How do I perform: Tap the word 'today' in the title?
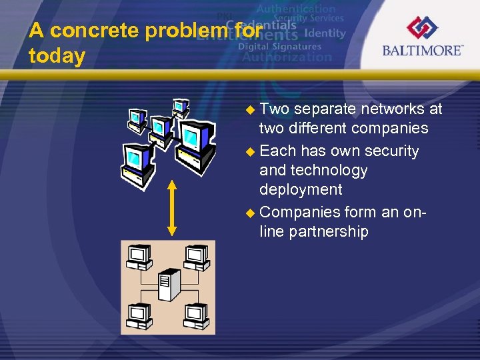[x=57, y=57]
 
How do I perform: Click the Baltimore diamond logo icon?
[x=422, y=29]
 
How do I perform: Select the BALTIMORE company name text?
[x=422, y=51]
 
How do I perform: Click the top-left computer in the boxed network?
[x=140, y=257]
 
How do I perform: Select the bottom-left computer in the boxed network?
[x=140, y=314]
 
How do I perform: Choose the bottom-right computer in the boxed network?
[x=194, y=314]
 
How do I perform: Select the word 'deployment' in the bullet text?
[x=301, y=189]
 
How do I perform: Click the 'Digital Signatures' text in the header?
[x=279, y=47]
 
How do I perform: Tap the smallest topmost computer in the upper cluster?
[x=181, y=107]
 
